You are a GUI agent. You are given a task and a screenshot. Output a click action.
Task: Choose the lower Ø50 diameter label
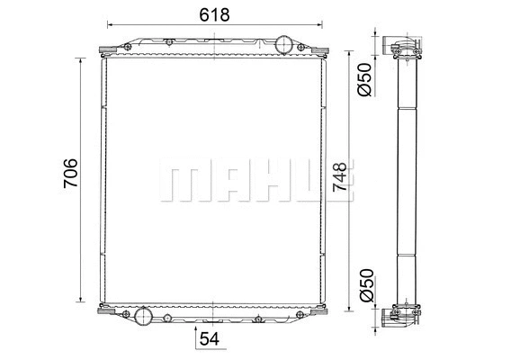tap(364, 284)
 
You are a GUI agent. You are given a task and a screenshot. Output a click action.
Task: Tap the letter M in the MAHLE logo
tap(183, 183)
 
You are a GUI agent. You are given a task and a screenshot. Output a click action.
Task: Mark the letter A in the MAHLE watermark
tap(229, 183)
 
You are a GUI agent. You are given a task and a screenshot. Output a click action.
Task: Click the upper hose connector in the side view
tap(402, 46)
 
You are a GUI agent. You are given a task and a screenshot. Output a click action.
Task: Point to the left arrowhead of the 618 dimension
tap(111, 25)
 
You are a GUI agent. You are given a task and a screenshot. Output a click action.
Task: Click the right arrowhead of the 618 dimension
tap(318, 25)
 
